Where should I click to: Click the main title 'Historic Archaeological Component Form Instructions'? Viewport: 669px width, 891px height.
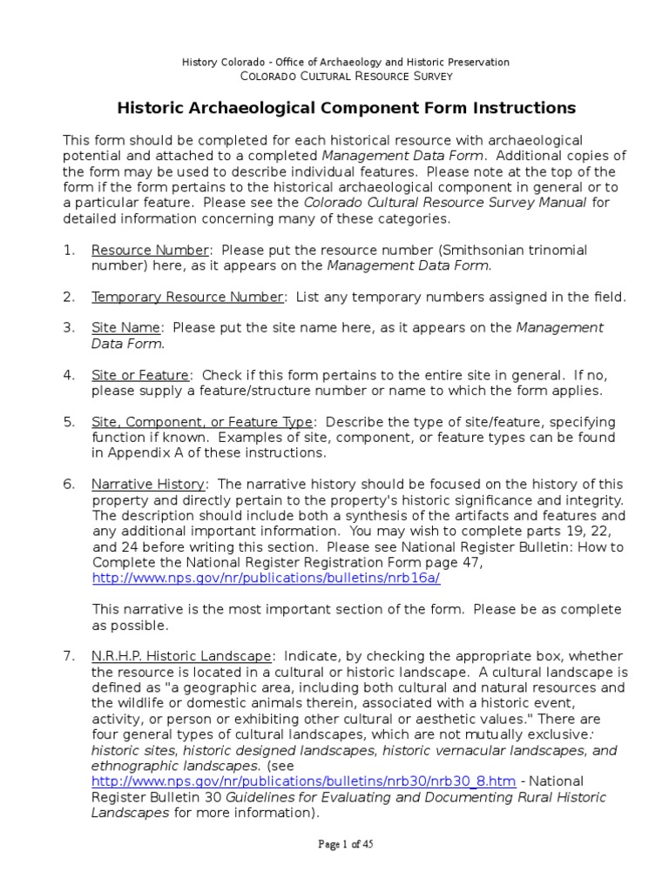(x=346, y=108)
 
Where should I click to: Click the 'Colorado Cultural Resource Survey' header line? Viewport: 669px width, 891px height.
(x=346, y=77)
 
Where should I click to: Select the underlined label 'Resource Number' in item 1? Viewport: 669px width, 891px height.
(x=150, y=251)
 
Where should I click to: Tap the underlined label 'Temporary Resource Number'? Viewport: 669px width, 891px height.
(x=187, y=297)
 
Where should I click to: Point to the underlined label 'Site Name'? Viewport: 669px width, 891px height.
(x=126, y=328)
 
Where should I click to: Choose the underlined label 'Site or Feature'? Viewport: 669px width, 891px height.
(x=140, y=375)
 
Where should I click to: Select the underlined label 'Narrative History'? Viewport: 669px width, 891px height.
(x=149, y=484)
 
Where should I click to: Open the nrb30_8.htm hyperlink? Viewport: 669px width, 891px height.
(x=304, y=782)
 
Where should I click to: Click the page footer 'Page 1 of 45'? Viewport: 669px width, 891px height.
(x=346, y=844)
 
